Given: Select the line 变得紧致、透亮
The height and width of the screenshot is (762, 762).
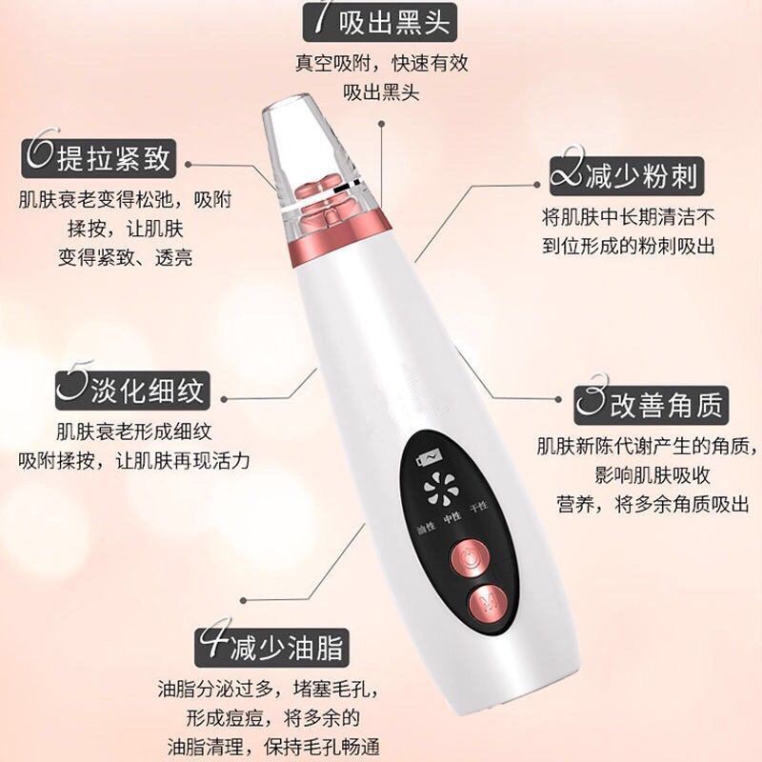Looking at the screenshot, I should [x=124, y=255].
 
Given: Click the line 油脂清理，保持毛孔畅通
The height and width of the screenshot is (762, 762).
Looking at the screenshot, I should [x=272, y=747].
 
